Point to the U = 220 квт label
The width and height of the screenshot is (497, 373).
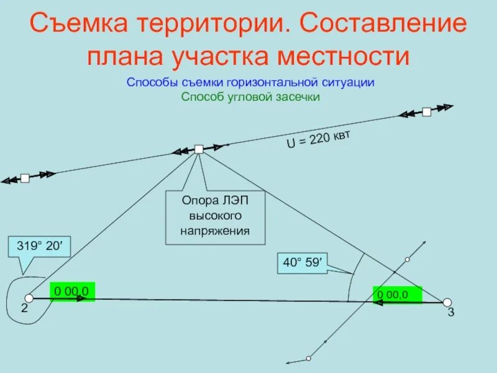pyautogui.click(x=317, y=139)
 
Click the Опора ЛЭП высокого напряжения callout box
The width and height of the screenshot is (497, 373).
pyautogui.click(x=215, y=217)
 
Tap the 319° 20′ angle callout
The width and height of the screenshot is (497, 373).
pyautogui.click(x=40, y=247)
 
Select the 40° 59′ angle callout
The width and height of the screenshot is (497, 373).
pyautogui.click(x=303, y=263)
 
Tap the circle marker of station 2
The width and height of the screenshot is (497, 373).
pyautogui.click(x=29, y=298)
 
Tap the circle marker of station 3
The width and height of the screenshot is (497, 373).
pyautogui.click(x=447, y=302)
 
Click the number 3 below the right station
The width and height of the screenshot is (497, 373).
pyautogui.click(x=451, y=313)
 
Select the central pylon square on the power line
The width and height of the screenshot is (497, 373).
pyautogui.click(x=199, y=149)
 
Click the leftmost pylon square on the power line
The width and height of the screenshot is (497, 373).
pyautogui.click(x=25, y=178)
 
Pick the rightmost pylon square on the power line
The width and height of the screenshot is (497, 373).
pyautogui.click(x=426, y=112)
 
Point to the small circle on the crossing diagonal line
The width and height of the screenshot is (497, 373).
pyautogui.click(x=408, y=259)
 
